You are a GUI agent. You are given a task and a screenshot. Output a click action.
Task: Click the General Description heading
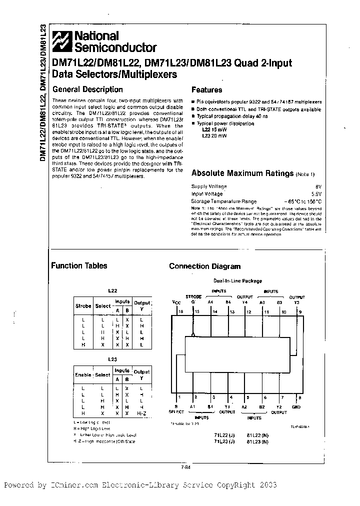(x=87, y=89)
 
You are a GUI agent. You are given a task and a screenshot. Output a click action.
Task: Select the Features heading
(x=206, y=90)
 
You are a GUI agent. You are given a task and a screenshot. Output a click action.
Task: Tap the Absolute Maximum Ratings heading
(x=242, y=173)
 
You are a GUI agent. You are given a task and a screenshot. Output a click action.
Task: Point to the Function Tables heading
(x=79, y=265)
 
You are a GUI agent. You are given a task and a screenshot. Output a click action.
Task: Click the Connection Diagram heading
(x=204, y=266)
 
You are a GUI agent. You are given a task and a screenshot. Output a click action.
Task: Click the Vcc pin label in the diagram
(x=176, y=302)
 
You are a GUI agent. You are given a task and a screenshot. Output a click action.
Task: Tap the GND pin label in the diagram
(x=296, y=407)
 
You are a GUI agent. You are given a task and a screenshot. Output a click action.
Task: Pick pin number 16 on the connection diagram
(x=181, y=311)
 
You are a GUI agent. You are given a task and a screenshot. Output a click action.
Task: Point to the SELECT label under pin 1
(x=176, y=412)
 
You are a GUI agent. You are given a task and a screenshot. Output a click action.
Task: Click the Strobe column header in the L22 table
(x=83, y=306)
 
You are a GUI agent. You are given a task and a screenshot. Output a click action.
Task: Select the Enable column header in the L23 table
(x=83, y=374)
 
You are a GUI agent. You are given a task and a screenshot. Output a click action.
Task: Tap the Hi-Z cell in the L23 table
(x=142, y=414)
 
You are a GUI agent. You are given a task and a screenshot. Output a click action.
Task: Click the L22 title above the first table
(x=112, y=290)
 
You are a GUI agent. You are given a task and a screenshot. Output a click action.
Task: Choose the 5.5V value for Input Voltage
(x=315, y=193)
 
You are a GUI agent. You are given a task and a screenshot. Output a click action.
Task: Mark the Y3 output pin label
(x=296, y=302)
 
